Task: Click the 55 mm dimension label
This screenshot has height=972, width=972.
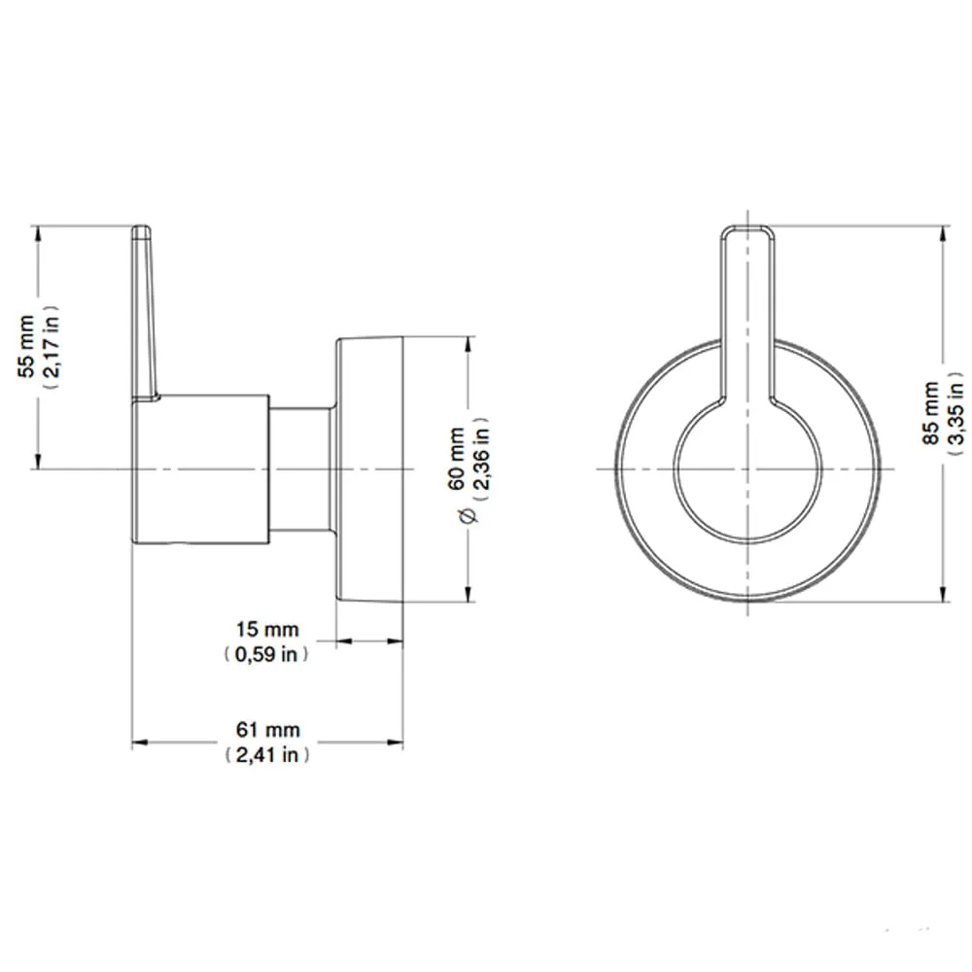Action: pyautogui.click(x=26, y=347)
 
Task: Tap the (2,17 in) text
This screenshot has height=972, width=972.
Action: pyautogui.click(x=51, y=347)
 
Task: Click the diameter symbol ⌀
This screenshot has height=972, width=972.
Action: pyautogui.click(x=469, y=515)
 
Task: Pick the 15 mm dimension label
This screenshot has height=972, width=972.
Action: pyautogui.click(x=267, y=629)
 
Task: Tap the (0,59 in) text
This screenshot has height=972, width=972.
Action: pyautogui.click(x=266, y=654)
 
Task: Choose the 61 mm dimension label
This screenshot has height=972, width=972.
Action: pyautogui.click(x=268, y=730)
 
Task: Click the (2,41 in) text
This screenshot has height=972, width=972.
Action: pyautogui.click(x=267, y=754)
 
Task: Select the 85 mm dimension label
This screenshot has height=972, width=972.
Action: pyautogui.click(x=931, y=413)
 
